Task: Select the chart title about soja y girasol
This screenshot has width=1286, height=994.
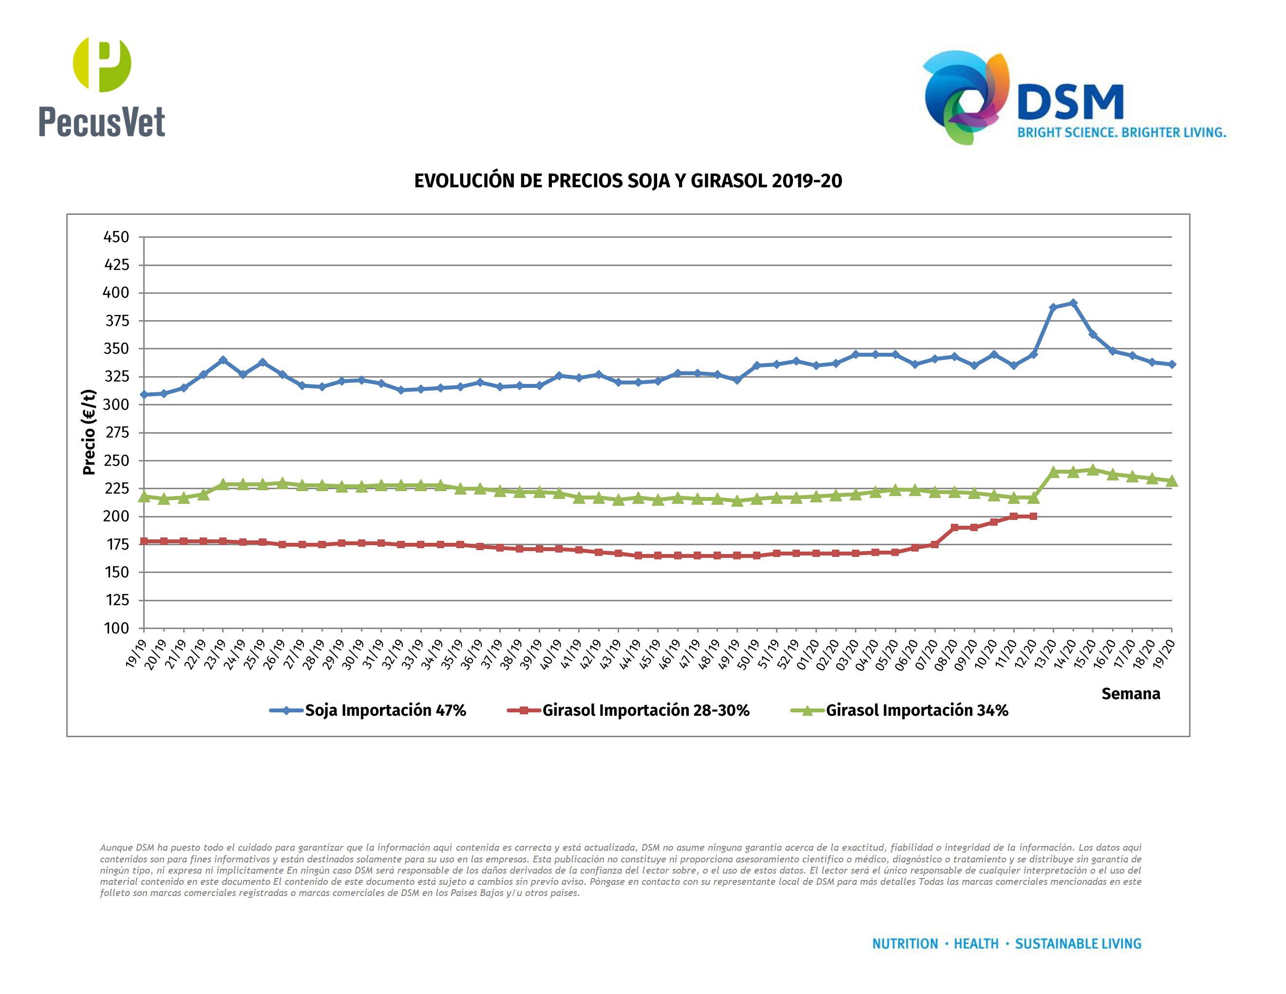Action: click(628, 181)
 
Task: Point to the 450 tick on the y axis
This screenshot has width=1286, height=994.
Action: click(116, 237)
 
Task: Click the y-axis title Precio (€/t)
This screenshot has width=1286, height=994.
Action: click(89, 432)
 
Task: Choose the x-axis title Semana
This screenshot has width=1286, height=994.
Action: click(1130, 694)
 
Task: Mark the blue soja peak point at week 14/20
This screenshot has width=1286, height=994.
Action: click(1073, 303)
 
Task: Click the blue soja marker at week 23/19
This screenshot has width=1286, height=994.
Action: click(223, 360)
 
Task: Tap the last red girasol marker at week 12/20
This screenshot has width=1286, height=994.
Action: click(1033, 516)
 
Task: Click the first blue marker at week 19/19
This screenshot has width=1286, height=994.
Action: click(144, 395)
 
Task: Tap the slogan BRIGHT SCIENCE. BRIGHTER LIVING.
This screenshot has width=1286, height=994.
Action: click(1121, 133)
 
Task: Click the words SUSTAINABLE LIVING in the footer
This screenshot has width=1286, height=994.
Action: click(1078, 944)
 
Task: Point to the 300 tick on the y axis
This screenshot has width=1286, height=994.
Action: click(116, 404)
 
